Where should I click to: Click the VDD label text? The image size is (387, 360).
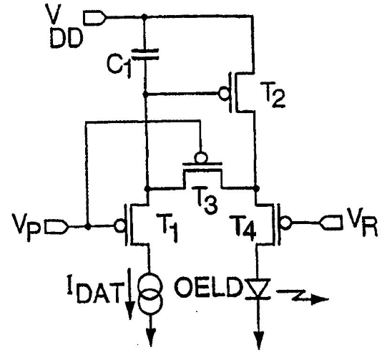[65, 27]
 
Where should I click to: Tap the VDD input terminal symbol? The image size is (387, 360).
[95, 18]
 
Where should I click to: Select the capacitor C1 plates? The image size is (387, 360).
[145, 54]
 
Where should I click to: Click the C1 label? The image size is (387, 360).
[119, 65]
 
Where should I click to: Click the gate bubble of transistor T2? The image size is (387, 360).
[224, 94]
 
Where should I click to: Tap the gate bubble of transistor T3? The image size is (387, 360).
[202, 157]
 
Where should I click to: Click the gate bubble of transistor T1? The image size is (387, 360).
[120, 225]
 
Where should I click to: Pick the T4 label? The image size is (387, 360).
[243, 227]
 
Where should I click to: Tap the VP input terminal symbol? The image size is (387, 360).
[57, 226]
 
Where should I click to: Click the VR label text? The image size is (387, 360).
[362, 222]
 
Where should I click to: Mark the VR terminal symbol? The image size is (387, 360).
[331, 223]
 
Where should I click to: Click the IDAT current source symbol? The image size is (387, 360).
[150, 293]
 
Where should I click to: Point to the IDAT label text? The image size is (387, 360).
[94, 291]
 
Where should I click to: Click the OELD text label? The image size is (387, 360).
[208, 288]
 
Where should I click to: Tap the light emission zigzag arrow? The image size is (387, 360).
[303, 296]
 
